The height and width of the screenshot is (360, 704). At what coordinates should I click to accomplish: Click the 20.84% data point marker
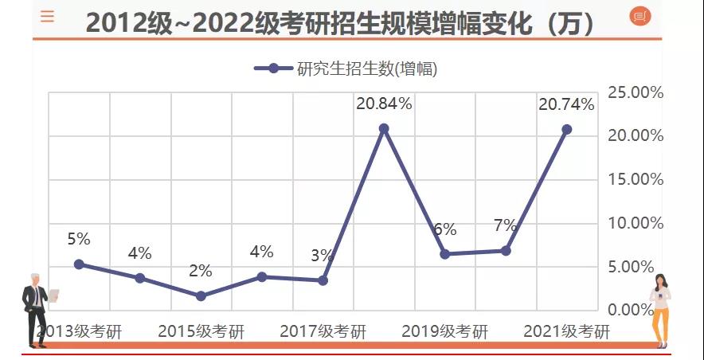click(384, 128)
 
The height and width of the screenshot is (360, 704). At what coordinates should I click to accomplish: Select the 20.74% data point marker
click(566, 129)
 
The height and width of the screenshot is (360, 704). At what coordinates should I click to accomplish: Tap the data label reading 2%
click(201, 271)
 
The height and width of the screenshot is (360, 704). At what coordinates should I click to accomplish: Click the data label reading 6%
click(444, 230)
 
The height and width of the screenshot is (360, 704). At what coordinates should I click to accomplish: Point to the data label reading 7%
click(506, 225)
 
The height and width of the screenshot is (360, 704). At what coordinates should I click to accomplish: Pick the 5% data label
click(79, 239)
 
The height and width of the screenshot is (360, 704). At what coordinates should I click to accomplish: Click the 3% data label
click(323, 256)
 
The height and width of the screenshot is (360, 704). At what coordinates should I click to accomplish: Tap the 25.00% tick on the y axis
click(636, 92)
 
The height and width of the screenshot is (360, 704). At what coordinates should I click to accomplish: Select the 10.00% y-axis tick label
click(636, 223)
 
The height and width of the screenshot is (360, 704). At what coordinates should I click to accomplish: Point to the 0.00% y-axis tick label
click(636, 310)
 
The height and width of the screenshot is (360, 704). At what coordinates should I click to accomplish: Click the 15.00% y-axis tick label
click(636, 179)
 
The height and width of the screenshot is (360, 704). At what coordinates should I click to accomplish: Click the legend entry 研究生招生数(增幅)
click(346, 68)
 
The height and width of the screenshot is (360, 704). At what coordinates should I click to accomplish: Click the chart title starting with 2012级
click(341, 22)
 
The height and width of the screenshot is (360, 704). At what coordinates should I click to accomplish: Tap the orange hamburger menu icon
click(48, 16)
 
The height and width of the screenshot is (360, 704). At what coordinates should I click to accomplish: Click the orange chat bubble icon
click(640, 16)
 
